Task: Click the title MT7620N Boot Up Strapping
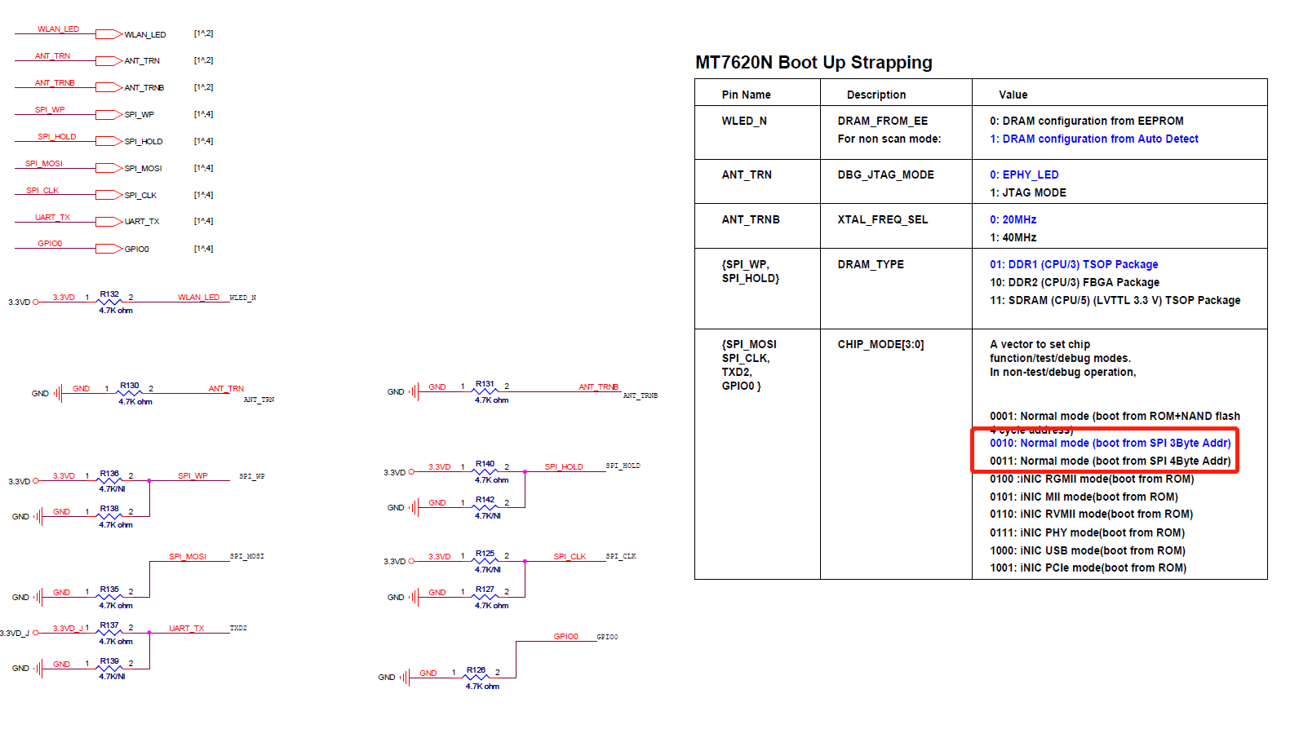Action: (813, 63)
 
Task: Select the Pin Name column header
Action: (746, 95)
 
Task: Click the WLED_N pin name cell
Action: (743, 121)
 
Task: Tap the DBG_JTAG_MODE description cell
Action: (885, 174)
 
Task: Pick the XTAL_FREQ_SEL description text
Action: (882, 219)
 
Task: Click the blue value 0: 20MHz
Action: (1013, 219)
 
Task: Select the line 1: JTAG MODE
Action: (1027, 192)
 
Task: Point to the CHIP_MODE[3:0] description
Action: (880, 344)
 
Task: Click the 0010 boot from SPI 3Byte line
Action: (1110, 443)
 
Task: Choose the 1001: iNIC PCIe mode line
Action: (1088, 568)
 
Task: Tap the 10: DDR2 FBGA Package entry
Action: (1074, 282)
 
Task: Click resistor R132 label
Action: (109, 294)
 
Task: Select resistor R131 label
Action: (485, 383)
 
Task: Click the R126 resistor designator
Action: (476, 669)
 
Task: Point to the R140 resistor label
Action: (485, 463)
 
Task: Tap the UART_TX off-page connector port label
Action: (142, 222)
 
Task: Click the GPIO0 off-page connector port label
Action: (136, 249)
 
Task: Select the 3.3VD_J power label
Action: (14, 633)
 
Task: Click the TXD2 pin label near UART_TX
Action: (238, 628)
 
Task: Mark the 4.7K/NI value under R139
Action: (112, 676)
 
